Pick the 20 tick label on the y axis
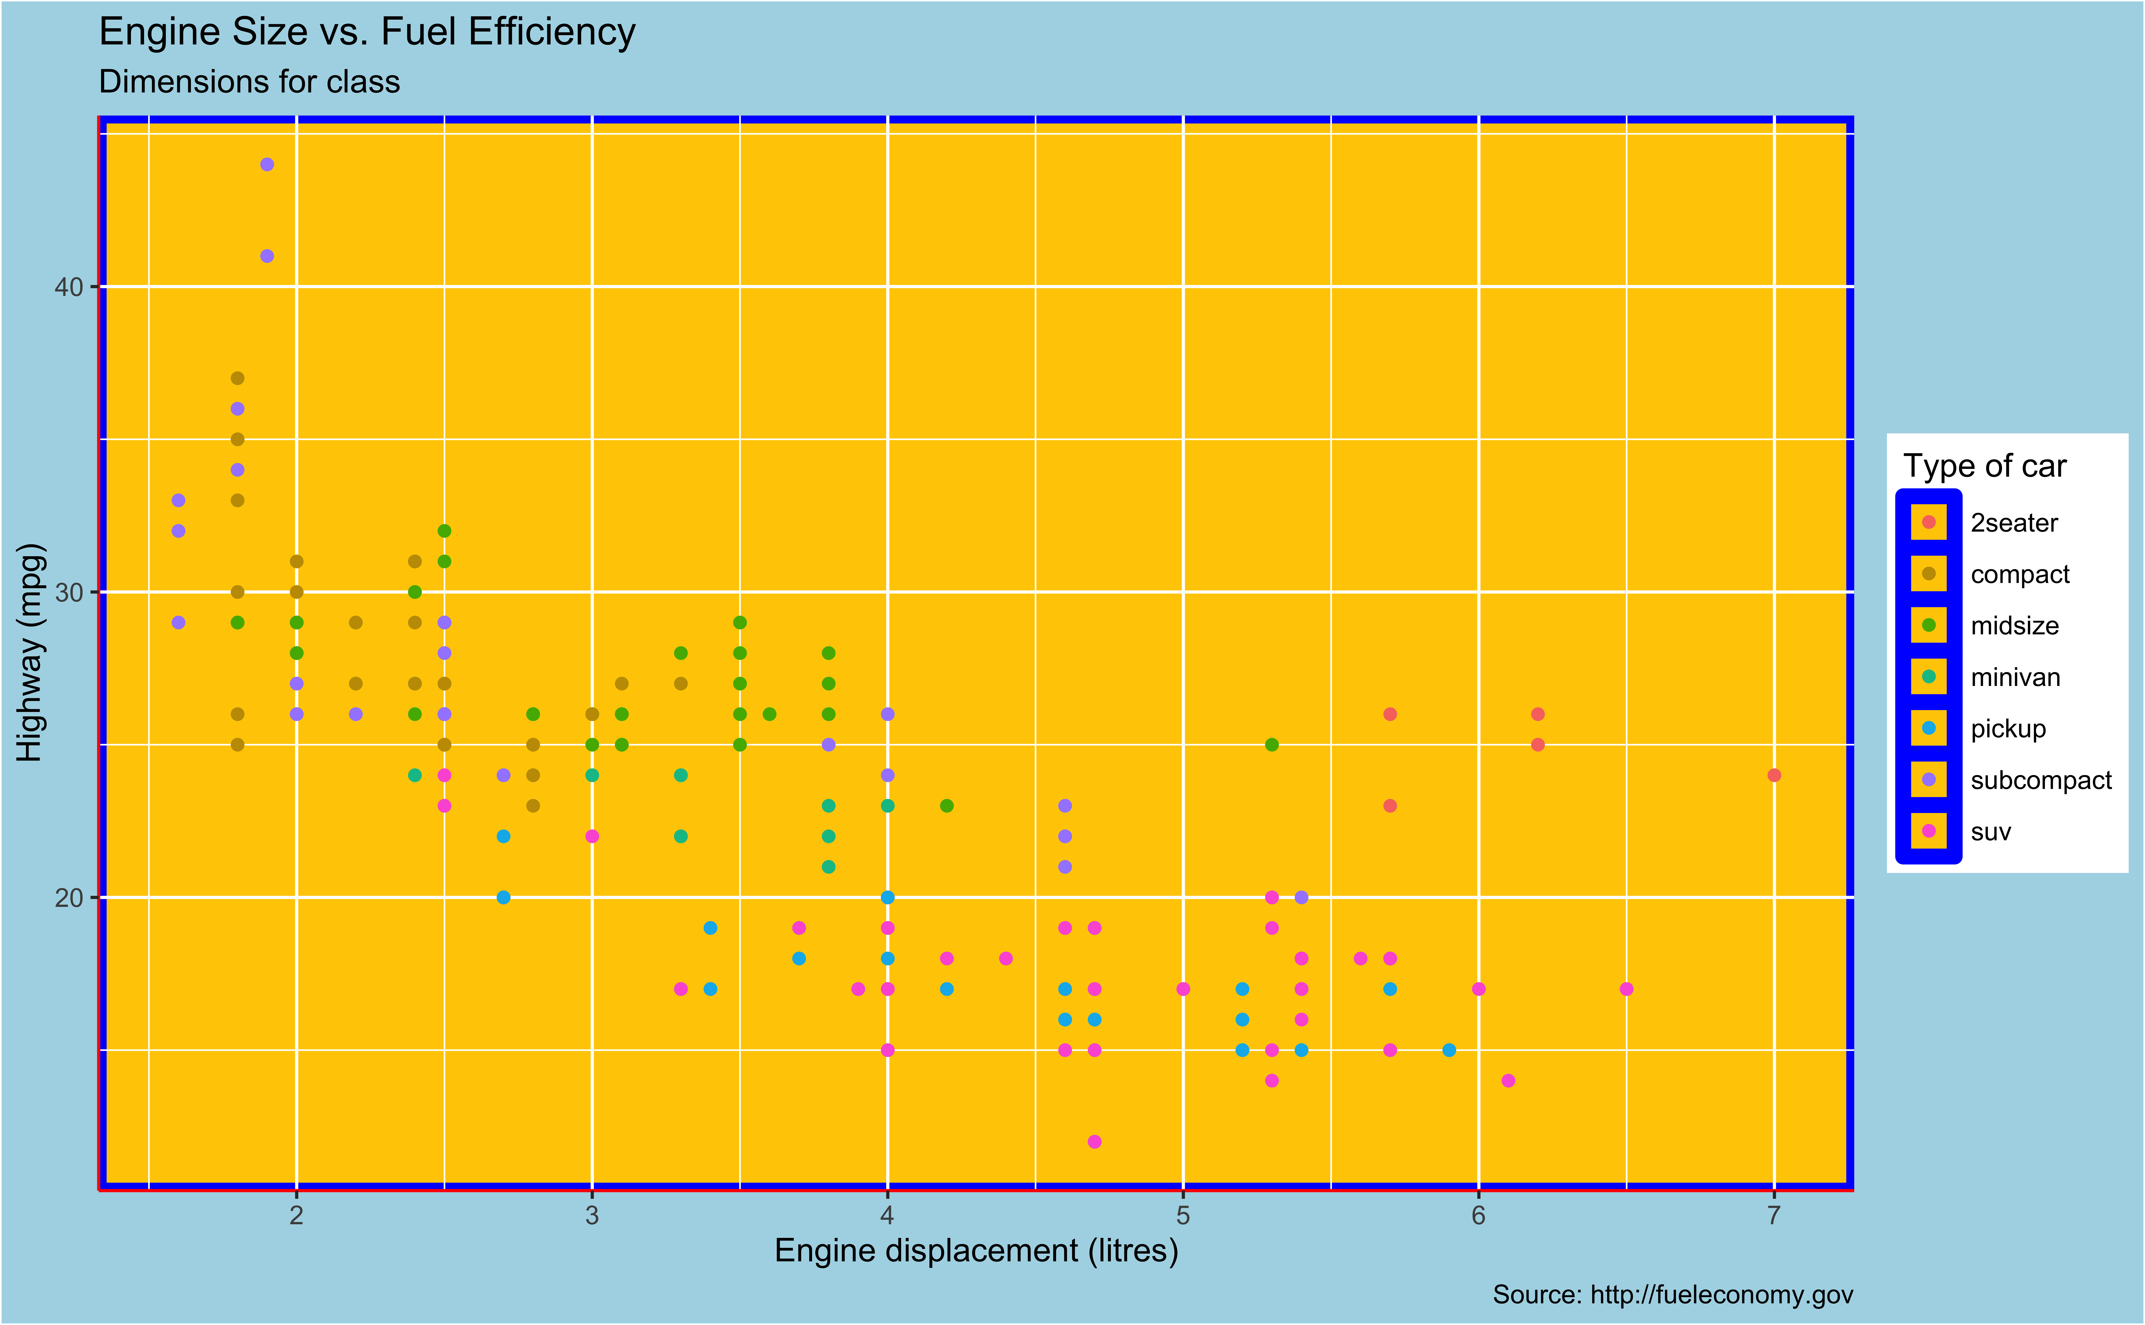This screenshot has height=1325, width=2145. [x=68, y=897]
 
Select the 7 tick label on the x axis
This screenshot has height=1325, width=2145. [x=1773, y=1216]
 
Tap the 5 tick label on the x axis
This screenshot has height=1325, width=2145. [x=1182, y=1216]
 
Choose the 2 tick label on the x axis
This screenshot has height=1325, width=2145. [x=296, y=1216]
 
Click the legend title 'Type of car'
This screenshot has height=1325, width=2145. [x=1985, y=466]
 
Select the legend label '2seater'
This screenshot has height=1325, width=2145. [x=2014, y=523]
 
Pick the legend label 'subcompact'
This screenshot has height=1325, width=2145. [x=2041, y=780]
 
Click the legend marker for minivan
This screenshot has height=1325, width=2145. [x=1928, y=677]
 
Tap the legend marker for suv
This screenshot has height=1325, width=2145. [x=1928, y=831]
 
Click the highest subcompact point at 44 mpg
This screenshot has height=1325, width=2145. [x=267, y=165]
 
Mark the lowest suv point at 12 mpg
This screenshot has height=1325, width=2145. [x=1094, y=1141]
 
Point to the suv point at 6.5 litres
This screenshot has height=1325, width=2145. [x=1626, y=988]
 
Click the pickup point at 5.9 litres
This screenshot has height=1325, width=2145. [x=1449, y=1050]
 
